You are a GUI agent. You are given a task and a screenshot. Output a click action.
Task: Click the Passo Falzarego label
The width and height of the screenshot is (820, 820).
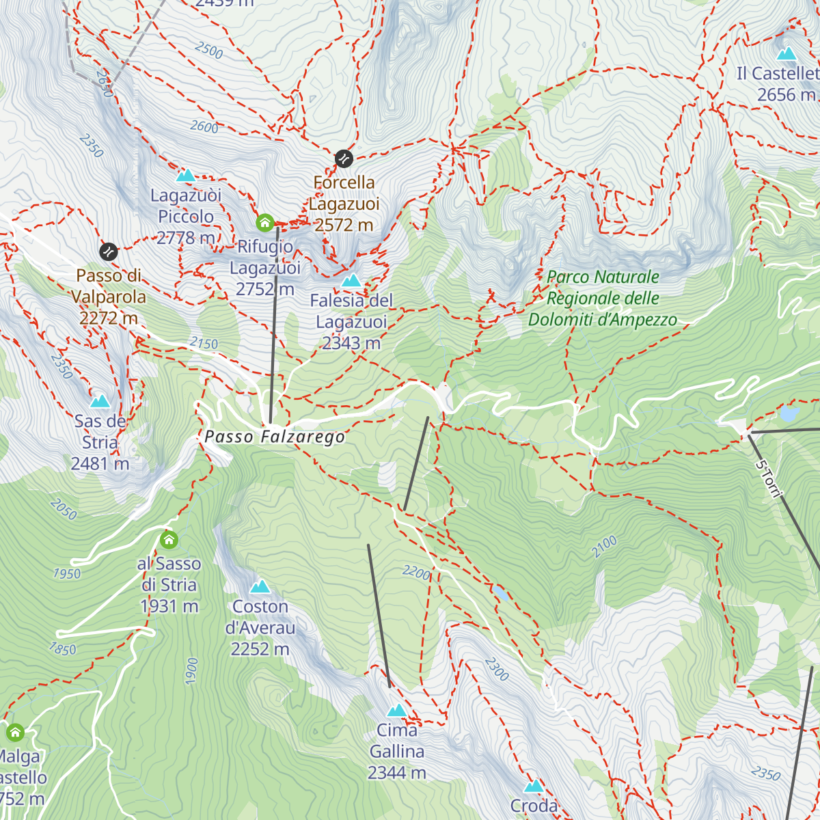[275, 437]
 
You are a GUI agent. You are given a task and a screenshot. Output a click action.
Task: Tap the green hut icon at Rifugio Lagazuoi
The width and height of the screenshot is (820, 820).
[265, 223]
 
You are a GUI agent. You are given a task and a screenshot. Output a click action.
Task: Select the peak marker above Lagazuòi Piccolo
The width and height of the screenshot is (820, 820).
[185, 176]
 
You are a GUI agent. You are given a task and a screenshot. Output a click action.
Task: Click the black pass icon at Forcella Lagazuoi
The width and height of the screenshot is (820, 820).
[344, 159]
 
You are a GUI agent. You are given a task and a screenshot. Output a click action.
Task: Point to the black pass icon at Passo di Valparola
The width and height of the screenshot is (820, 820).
[108, 252]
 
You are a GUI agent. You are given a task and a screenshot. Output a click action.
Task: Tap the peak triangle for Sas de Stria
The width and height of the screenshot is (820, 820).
[100, 400]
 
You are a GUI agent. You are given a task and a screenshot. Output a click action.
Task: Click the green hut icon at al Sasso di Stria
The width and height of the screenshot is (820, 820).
[169, 541]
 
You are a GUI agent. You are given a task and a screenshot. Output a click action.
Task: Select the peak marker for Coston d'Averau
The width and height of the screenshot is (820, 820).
[260, 587]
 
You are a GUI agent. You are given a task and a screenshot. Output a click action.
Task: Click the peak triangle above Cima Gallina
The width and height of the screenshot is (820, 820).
[396, 711]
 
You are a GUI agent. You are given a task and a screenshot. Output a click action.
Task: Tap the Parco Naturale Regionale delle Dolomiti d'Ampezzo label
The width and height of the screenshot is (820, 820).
[603, 299]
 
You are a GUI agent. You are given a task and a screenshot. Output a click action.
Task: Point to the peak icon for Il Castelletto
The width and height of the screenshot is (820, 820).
[787, 54]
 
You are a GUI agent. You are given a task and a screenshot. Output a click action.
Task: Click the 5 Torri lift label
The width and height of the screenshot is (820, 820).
[768, 479]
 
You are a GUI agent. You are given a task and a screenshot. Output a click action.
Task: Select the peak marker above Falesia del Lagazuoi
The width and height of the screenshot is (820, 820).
[351, 281]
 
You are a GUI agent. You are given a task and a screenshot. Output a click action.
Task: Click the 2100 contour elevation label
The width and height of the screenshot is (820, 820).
[604, 547]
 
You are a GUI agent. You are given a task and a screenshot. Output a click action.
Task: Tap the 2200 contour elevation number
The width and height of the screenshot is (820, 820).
[416, 573]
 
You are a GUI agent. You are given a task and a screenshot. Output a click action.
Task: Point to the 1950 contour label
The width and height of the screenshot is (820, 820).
[67, 574]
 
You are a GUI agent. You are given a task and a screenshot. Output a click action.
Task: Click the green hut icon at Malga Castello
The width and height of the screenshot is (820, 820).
[15, 733]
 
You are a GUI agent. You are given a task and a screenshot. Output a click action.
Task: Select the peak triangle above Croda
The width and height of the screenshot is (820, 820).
[534, 787]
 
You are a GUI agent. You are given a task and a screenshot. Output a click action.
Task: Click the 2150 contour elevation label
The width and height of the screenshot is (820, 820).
[204, 344]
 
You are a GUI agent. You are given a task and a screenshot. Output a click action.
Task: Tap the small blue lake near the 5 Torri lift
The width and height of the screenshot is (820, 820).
[789, 414]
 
